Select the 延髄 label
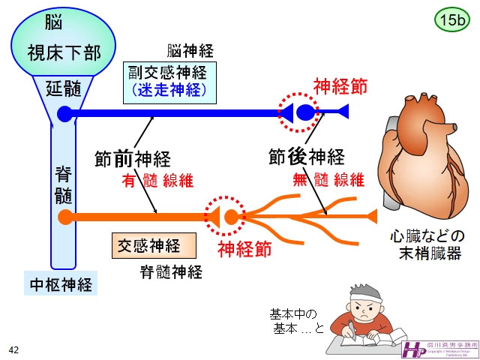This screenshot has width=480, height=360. (x=64, y=88)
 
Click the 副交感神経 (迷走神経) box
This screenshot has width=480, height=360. (x=169, y=82)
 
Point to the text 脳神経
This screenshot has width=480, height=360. (x=190, y=51)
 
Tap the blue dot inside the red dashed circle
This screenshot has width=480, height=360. (x=306, y=113)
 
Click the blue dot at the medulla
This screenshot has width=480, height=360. (x=64, y=114)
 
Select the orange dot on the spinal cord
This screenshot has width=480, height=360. (x=65, y=217)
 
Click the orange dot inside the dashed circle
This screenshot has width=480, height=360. (x=231, y=217)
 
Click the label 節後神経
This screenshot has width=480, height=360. (x=306, y=157)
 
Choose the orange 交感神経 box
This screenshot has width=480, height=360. (x=153, y=244)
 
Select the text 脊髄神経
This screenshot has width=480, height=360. (x=172, y=271)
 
